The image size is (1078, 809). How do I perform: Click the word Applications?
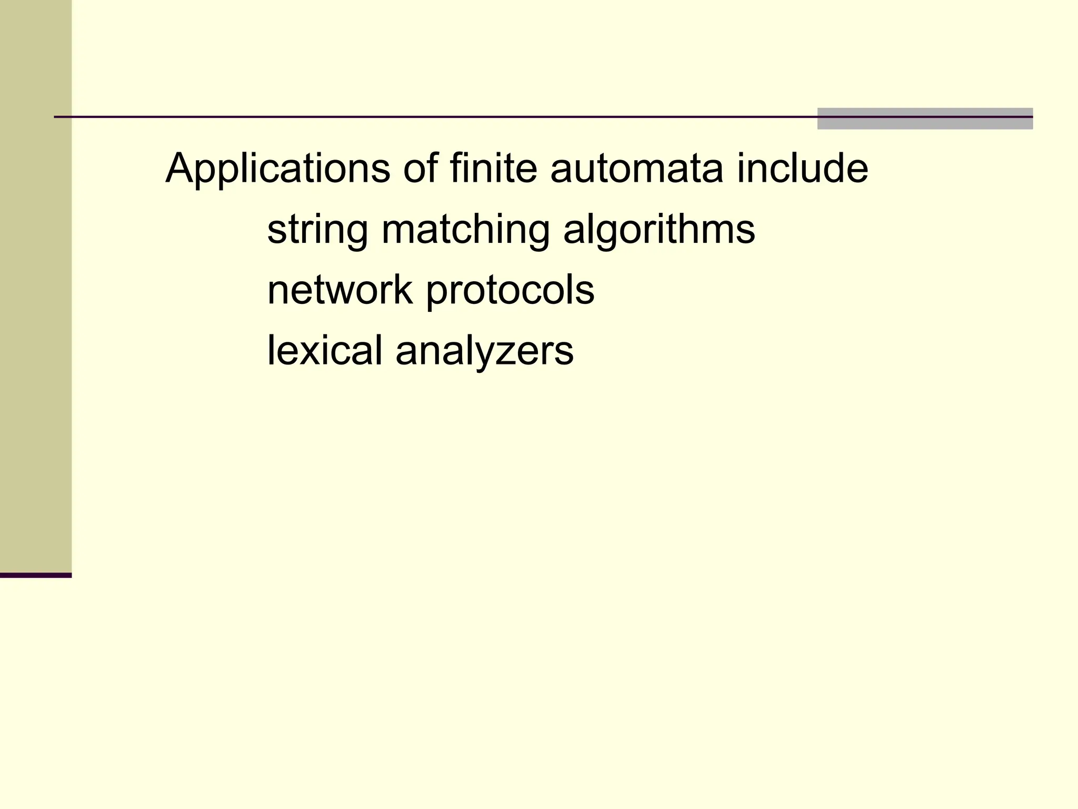point(277,169)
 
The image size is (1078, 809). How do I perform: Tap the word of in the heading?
point(420,168)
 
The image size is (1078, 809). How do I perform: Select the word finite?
point(493,168)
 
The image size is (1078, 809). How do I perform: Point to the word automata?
point(636,169)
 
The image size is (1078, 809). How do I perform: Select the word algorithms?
point(659,230)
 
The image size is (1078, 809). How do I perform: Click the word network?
point(340,290)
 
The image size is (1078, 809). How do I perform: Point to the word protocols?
point(510,291)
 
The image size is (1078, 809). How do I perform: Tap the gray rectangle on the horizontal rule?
point(924,119)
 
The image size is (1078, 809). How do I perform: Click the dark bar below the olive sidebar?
point(36,575)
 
